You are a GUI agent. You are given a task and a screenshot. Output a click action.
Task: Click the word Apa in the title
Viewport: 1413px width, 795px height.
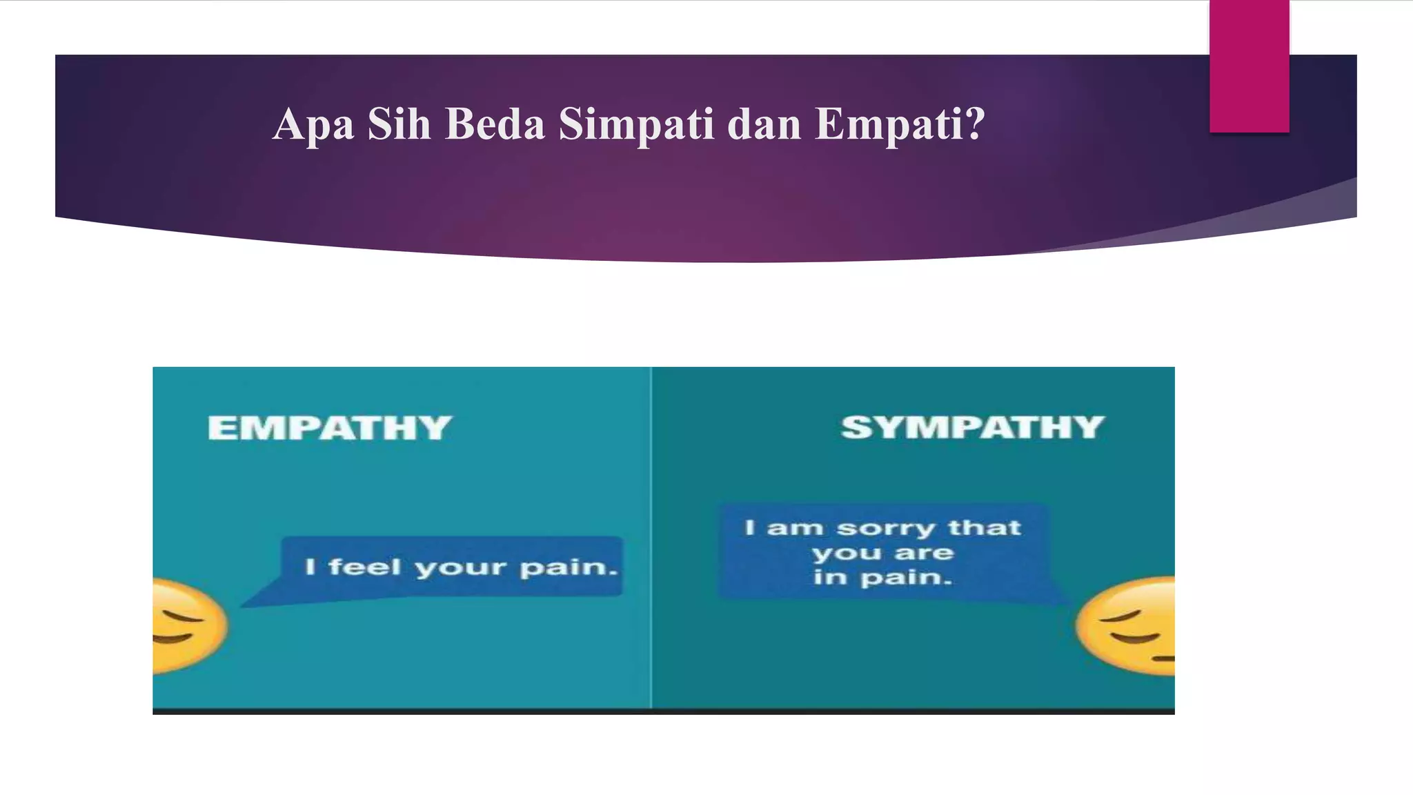[x=313, y=125]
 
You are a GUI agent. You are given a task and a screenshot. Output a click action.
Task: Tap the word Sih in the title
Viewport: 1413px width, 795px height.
[x=399, y=124]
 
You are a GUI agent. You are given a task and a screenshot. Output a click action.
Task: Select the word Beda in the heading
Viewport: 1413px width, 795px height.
[x=495, y=124]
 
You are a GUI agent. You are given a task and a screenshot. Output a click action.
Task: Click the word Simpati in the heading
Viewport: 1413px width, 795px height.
[x=636, y=124]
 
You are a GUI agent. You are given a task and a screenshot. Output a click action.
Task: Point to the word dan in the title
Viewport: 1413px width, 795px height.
[x=764, y=124]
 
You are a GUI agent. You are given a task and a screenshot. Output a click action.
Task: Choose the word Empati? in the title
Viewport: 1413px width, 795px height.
[x=900, y=124]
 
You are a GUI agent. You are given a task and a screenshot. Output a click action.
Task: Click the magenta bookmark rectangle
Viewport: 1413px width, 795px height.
[x=1249, y=66]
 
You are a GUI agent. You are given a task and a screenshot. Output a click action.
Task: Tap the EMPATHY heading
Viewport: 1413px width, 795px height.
[x=330, y=428]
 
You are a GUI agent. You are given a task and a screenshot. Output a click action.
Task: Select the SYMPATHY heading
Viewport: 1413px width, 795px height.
[x=972, y=427]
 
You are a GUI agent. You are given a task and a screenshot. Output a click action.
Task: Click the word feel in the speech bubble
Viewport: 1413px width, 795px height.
[x=364, y=567]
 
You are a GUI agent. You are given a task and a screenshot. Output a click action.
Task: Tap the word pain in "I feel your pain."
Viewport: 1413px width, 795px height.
[x=567, y=567]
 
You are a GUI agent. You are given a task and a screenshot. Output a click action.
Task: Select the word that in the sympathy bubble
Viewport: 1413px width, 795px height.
[x=984, y=528]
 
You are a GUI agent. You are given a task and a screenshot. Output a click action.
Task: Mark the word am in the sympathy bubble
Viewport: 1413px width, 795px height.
[x=795, y=529]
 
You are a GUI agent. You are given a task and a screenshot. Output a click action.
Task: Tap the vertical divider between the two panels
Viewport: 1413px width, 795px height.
[x=651, y=538]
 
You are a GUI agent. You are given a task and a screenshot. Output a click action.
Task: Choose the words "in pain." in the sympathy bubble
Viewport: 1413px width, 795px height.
[x=882, y=577]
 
